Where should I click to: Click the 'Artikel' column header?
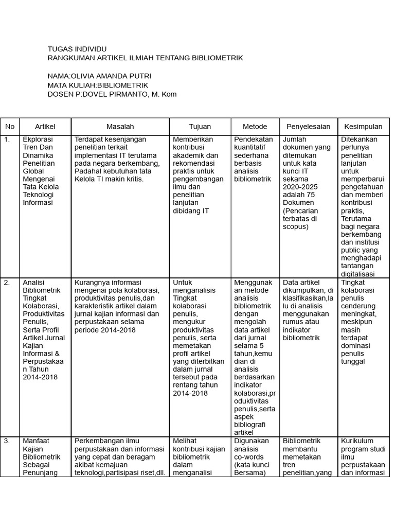(x=45, y=127)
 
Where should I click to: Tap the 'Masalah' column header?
(x=120, y=127)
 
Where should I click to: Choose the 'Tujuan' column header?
(x=200, y=127)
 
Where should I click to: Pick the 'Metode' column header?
(x=255, y=127)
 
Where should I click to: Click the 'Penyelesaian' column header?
(x=308, y=127)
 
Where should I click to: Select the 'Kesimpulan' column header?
(x=363, y=127)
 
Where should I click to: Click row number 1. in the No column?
(x=7, y=139)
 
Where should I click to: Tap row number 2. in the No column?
(x=7, y=283)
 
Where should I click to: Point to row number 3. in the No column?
(x=7, y=441)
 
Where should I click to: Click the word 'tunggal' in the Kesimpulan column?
(x=353, y=362)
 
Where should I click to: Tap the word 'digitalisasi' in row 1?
(x=358, y=274)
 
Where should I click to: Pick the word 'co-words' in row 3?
(x=249, y=457)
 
